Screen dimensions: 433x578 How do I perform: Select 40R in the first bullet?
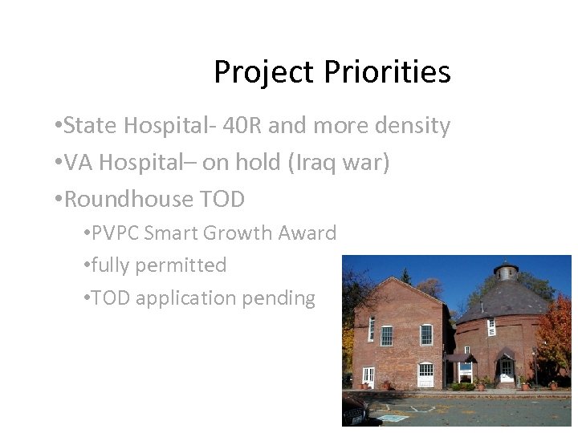pos(240,126)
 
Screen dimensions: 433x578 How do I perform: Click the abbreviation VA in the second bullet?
pos(78,163)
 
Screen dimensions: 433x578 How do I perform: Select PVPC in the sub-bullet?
pos(118,233)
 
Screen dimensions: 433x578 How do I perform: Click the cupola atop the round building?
pos(506,271)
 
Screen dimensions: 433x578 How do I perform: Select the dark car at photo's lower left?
pos(356,411)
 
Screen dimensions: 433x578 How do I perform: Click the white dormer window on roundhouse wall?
pos(490,326)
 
